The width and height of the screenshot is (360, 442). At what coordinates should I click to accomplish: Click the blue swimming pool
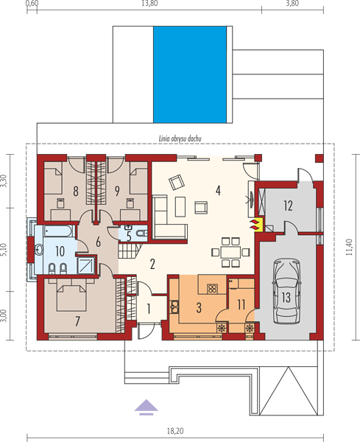coord(190,74)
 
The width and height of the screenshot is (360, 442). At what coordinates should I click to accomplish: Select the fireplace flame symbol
coord(255,225)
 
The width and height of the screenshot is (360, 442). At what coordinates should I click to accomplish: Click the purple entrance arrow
coord(147,407)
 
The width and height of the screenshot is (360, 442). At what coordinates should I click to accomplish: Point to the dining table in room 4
coord(230,252)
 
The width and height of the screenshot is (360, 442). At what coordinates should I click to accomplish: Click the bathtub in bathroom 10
coord(59,231)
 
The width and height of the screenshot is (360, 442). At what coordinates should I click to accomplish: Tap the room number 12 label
coord(288,206)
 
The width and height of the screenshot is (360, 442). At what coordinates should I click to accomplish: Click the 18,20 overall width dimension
coord(175,431)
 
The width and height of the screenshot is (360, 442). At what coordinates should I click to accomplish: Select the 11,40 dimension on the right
coord(349,248)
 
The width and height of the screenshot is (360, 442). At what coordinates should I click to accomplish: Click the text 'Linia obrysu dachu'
coord(180,138)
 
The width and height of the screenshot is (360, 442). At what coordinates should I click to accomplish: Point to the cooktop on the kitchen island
coord(212,289)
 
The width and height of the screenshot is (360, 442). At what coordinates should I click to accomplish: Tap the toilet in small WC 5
coord(141,233)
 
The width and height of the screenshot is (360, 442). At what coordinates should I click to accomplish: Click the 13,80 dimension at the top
coord(149,4)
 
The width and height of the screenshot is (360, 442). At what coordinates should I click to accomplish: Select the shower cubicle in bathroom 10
coord(85,265)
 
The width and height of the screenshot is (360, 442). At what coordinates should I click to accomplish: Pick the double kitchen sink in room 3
coord(174,307)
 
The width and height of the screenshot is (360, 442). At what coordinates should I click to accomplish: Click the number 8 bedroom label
coord(76,191)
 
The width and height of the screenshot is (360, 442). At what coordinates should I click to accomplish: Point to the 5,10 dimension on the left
coord(4,250)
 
